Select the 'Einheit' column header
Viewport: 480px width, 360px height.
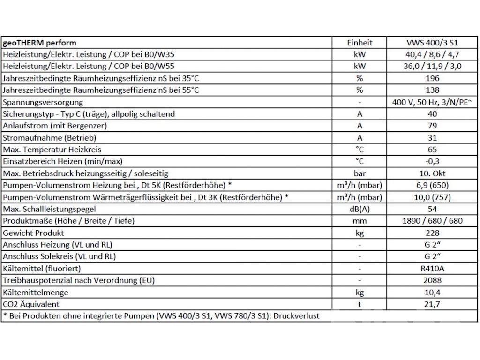point(360,43)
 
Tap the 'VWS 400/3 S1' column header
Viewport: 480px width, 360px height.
point(432,43)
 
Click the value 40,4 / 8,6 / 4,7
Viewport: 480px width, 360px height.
point(432,54)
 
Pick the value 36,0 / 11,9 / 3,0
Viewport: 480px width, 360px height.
point(432,66)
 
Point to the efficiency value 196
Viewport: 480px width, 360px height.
point(432,78)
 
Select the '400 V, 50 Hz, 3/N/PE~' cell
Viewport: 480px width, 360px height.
point(432,102)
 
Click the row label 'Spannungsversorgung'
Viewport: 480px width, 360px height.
point(43,102)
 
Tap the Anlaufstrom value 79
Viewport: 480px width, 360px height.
point(432,126)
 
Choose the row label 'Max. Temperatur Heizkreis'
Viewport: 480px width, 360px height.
point(52,150)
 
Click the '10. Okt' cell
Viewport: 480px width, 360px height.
point(432,173)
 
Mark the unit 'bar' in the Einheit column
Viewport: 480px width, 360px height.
point(360,173)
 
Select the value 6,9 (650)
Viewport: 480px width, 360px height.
point(432,186)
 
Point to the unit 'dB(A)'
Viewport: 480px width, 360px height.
point(360,209)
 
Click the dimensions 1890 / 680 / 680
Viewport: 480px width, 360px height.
point(432,221)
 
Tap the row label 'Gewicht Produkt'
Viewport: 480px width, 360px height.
point(33,233)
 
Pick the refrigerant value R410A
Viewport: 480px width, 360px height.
point(432,269)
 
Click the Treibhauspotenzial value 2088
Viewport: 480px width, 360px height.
point(432,280)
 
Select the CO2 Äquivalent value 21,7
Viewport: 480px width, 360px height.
point(432,304)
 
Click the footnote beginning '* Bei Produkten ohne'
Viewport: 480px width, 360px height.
point(161,316)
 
